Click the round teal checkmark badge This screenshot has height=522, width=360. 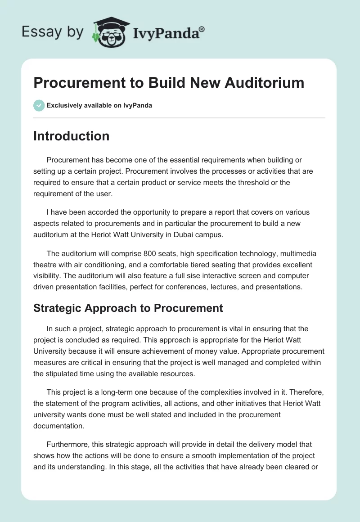(39, 105)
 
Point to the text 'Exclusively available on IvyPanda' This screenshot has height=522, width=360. (99, 105)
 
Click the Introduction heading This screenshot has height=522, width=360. (71, 136)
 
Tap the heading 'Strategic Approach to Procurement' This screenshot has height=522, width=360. (128, 308)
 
